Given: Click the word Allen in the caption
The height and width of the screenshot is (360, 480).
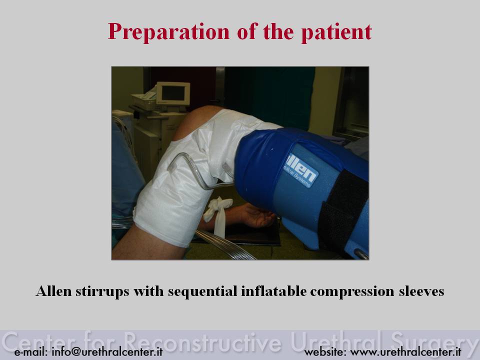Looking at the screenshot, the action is [54, 291].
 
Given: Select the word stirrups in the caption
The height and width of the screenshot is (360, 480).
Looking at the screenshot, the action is [102, 291].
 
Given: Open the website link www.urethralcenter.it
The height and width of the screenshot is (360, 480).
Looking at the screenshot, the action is [405, 351].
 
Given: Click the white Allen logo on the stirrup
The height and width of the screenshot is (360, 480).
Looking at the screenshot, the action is [300, 170].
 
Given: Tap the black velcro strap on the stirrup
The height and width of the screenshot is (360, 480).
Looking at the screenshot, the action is [343, 211].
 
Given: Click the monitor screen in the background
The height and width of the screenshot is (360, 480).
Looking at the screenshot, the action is [173, 93].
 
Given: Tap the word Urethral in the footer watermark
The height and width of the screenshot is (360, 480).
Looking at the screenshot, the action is [336, 342].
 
